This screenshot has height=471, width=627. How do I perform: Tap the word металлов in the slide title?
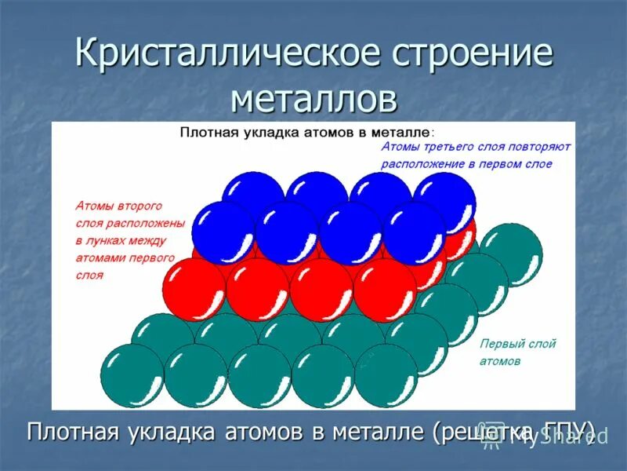[x=313, y=99]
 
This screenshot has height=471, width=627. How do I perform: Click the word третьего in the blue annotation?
[x=444, y=147]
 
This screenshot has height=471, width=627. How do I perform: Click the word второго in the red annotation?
[x=138, y=206]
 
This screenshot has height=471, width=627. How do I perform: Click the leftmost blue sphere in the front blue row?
[x=223, y=232]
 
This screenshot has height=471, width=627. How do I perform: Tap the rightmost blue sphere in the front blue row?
[x=415, y=232]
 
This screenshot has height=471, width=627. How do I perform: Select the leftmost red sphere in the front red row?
[x=194, y=290]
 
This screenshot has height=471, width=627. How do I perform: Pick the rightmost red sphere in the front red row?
[x=385, y=290]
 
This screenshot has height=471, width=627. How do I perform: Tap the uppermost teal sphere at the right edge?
[x=510, y=254]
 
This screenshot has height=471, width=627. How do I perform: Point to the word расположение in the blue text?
[x=419, y=164]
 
